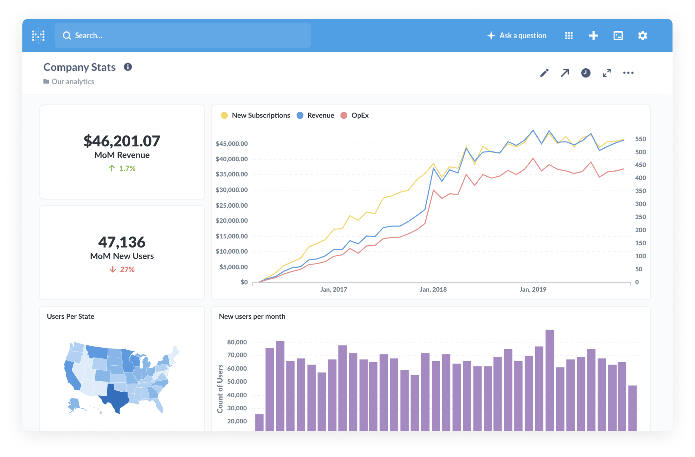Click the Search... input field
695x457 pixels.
point(182,35)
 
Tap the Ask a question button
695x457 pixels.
point(517,35)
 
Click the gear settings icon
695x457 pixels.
point(642,35)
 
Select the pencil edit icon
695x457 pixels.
point(544,73)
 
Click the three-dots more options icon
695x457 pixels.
point(628,73)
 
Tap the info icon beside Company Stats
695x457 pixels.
point(128,67)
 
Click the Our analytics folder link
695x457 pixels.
point(72,81)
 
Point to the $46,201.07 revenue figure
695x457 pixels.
point(122,141)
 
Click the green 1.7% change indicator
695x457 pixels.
point(122,168)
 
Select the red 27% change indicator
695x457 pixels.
point(122,269)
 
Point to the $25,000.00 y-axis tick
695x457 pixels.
point(232,205)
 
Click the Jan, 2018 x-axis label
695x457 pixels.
point(433,289)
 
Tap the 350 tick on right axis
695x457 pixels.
point(640,191)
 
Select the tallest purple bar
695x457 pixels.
point(549,379)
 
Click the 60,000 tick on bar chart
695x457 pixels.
point(237,368)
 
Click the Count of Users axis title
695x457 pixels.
point(220,389)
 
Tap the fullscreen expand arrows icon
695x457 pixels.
point(606,73)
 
